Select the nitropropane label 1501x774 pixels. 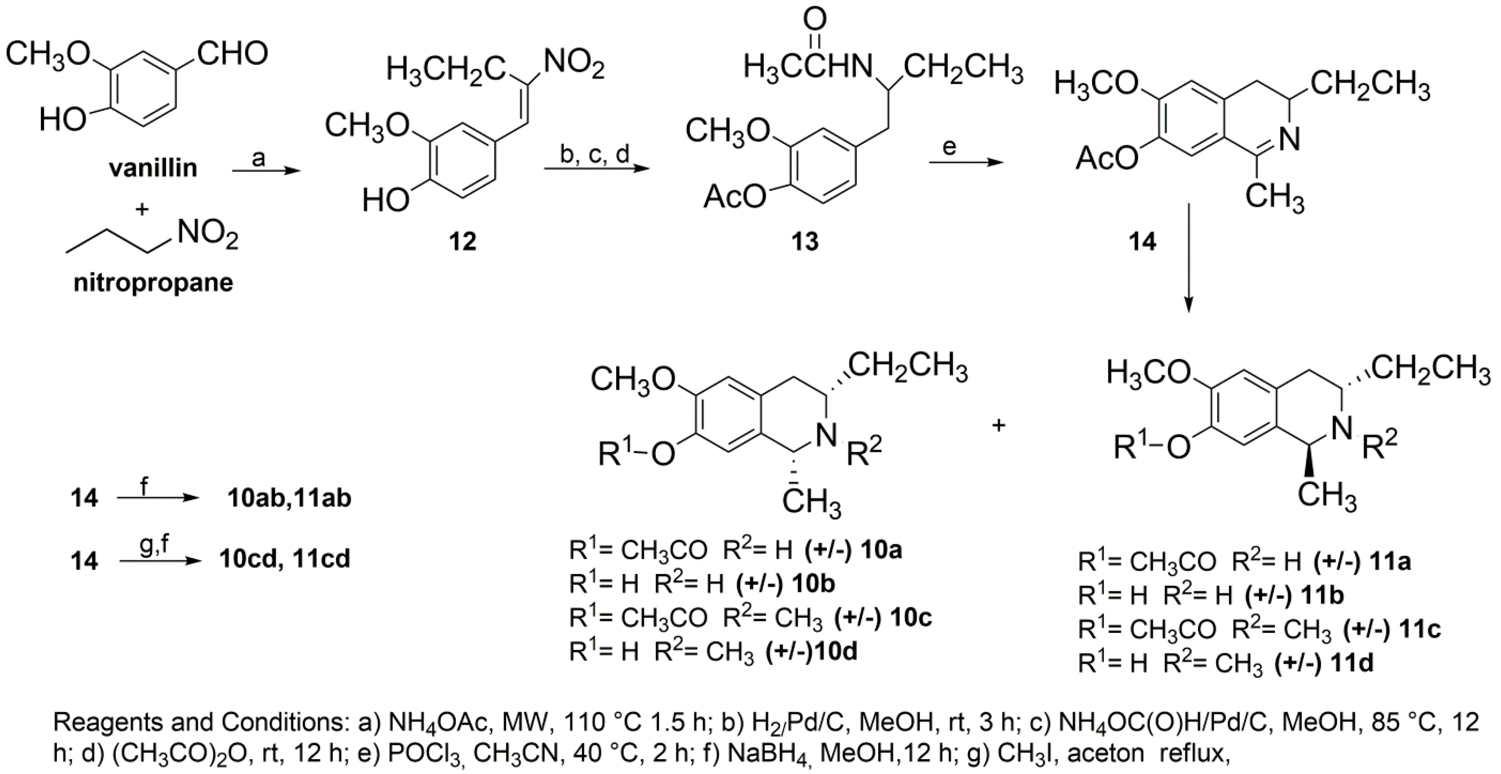[153, 283]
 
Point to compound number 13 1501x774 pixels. [805, 241]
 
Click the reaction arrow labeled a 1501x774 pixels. [265, 170]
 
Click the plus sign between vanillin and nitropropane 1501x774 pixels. [142, 209]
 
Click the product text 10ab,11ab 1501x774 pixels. [289, 499]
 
